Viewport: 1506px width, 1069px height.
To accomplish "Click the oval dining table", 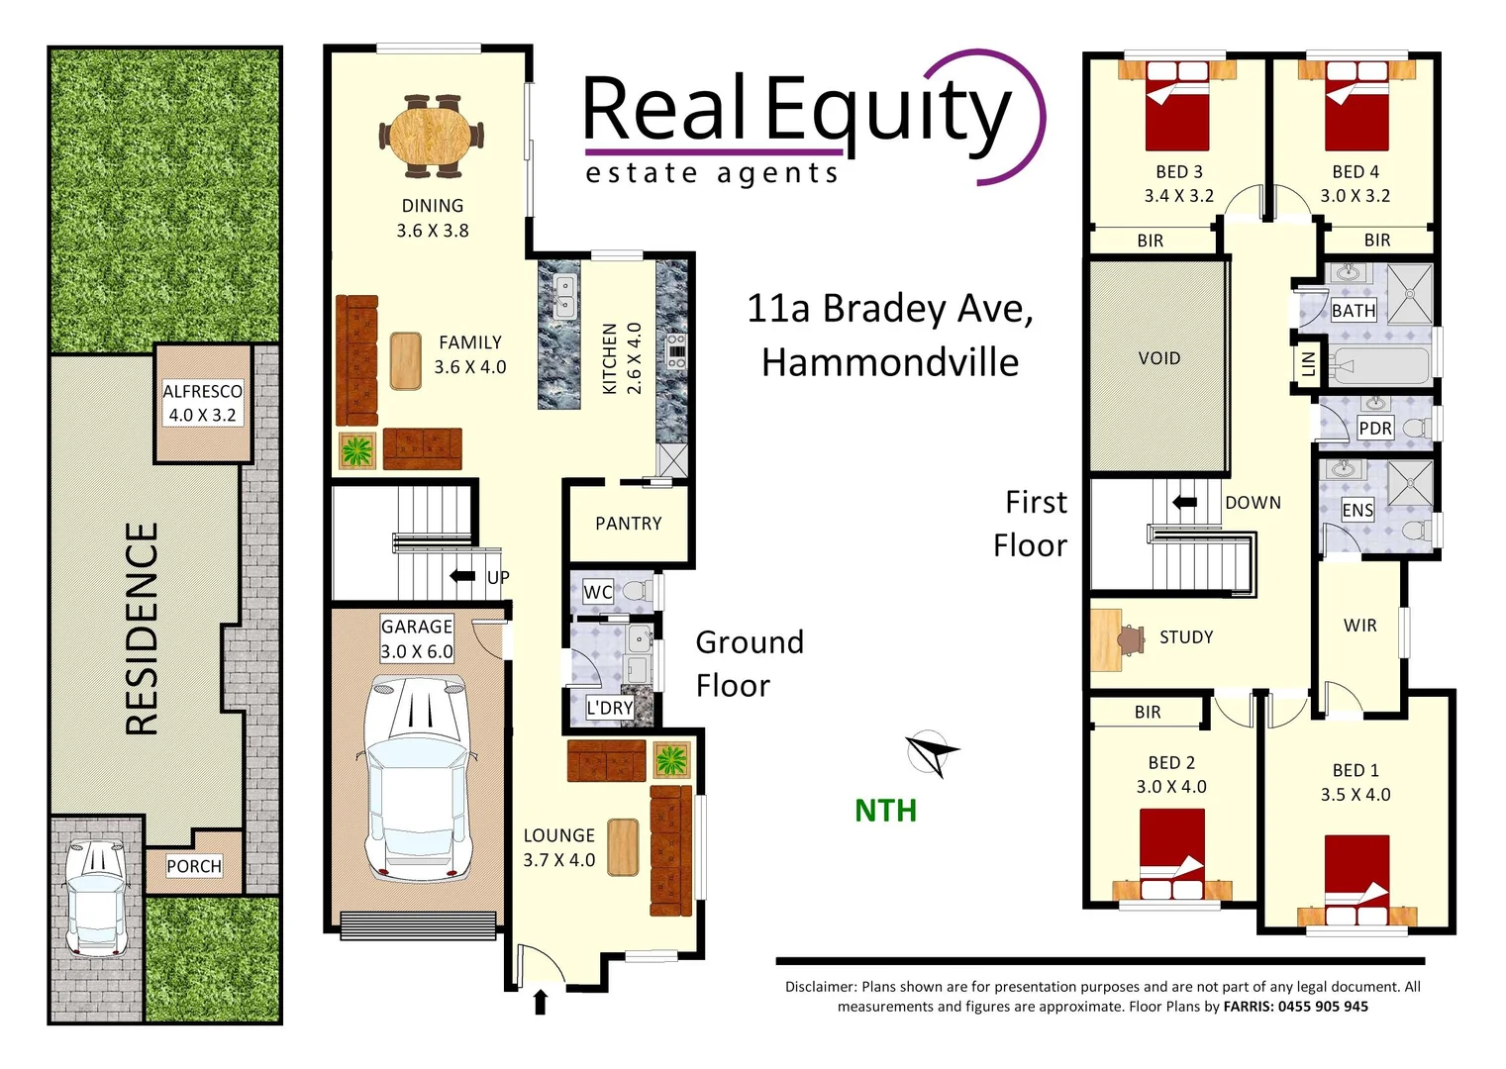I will point(432,137).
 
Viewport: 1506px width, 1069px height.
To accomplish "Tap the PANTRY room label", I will point(628,524).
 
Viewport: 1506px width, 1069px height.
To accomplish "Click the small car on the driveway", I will point(95,897).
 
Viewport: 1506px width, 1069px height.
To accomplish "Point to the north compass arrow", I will point(930,753).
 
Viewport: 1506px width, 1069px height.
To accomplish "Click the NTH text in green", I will point(885,811).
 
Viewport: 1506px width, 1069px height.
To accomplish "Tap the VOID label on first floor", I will point(1158,358).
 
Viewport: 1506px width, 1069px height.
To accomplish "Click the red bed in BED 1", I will point(1356,871).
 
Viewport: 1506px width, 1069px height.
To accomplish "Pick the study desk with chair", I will point(1115,638).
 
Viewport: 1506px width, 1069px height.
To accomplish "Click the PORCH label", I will point(194,866).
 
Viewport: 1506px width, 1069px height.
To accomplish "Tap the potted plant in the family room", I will point(357,451).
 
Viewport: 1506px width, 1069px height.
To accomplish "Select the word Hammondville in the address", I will point(889,362).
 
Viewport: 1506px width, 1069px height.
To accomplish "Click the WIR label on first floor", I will point(1359,626).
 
